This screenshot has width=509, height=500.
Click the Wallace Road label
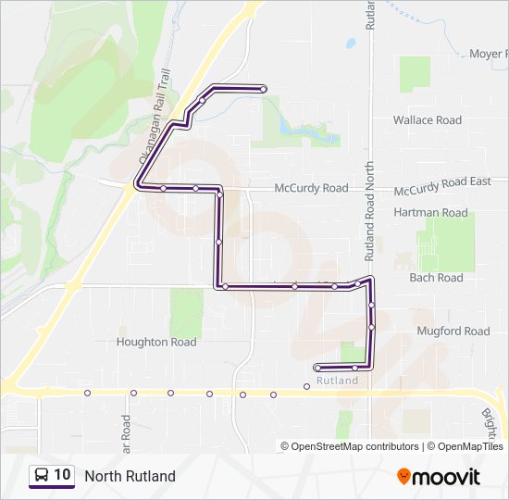click(x=427, y=120)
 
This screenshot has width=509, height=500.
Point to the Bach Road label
click(x=436, y=278)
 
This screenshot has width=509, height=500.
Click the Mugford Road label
click(x=453, y=331)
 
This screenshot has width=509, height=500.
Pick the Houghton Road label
click(x=156, y=342)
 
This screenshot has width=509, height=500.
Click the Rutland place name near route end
click(x=337, y=381)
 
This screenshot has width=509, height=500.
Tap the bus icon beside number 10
click(x=43, y=476)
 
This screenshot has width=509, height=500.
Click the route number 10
click(x=62, y=476)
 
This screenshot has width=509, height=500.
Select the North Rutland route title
click(x=130, y=477)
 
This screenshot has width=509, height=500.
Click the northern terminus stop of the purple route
click(x=264, y=89)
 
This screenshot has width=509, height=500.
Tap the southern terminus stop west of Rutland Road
click(x=317, y=368)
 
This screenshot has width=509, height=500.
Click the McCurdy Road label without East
click(x=311, y=188)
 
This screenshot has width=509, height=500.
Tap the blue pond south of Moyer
click(x=351, y=43)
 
